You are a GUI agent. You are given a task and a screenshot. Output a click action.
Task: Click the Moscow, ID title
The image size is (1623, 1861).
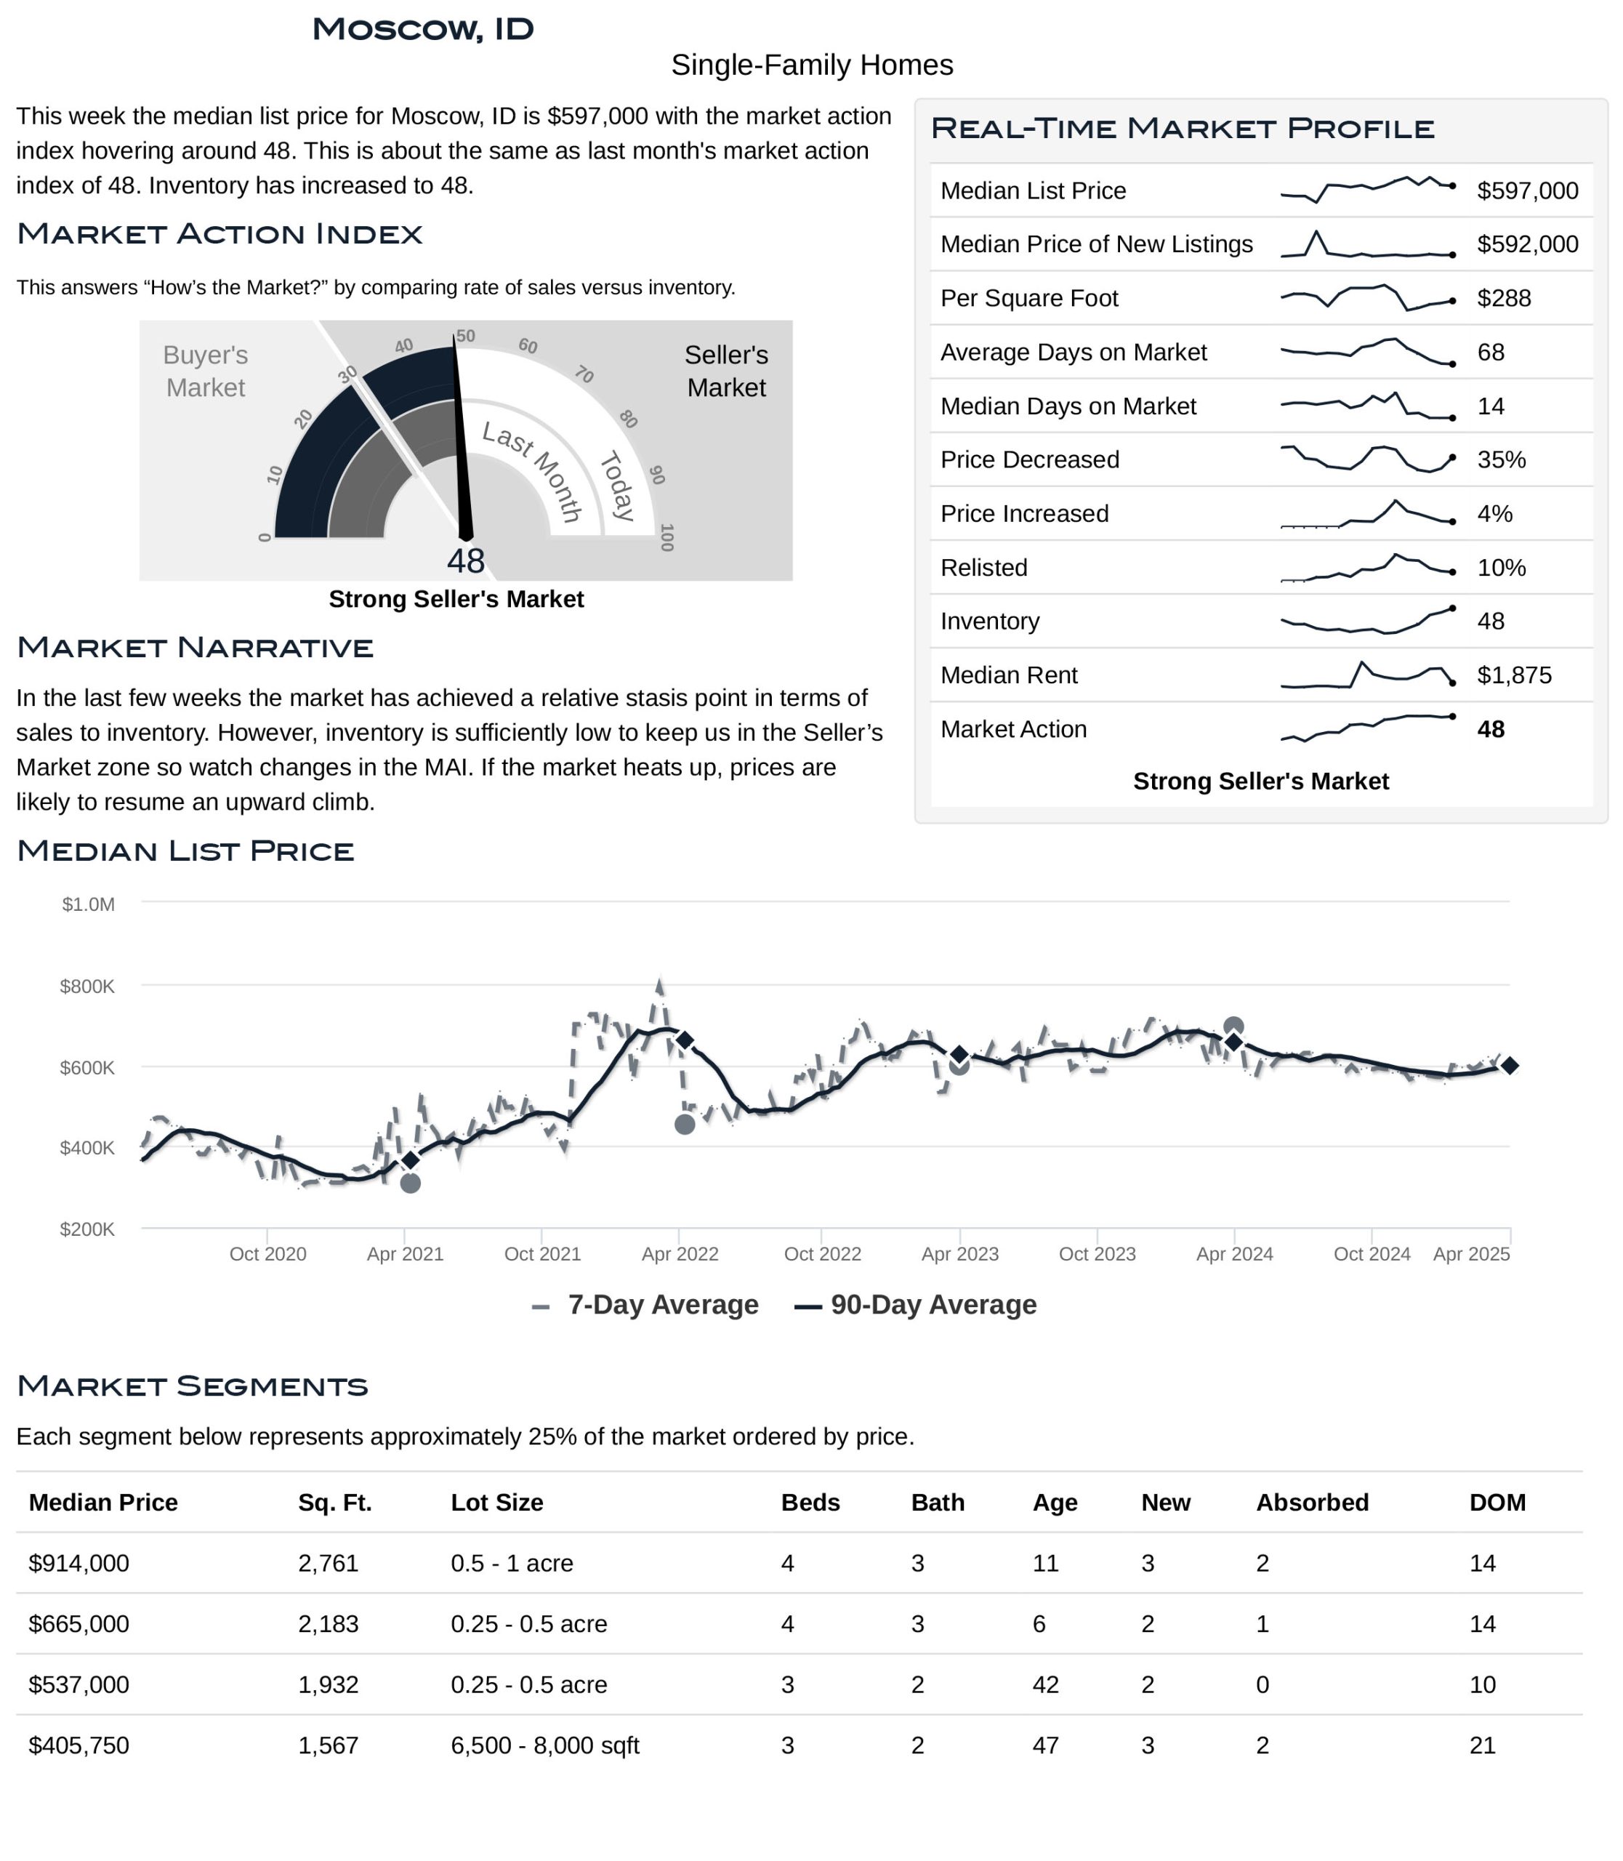point(423,29)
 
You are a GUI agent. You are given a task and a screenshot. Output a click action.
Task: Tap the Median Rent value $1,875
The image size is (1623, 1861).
point(1514,675)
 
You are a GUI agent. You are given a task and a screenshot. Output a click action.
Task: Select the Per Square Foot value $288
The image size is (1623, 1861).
point(1505,298)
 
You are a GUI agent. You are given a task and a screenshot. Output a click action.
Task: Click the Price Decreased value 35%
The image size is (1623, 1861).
point(1502,459)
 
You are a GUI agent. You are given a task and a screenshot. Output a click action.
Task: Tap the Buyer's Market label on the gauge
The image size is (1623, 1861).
point(206,371)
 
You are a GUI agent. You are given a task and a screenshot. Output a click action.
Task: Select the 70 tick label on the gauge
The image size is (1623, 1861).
point(584,374)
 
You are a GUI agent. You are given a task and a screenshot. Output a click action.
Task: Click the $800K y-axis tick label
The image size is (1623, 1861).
point(87,986)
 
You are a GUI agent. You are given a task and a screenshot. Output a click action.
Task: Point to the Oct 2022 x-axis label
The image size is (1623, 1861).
point(822,1254)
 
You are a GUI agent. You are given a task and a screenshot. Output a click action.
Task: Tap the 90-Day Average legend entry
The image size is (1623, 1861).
point(916,1305)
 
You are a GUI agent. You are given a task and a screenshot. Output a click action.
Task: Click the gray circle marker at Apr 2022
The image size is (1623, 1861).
point(685,1125)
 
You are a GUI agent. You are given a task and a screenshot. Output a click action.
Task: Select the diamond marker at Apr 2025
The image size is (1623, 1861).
point(1510,1066)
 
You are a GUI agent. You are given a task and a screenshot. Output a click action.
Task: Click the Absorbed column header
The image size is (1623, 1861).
point(1313,1502)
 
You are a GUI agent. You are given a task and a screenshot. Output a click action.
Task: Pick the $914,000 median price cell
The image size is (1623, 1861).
point(78,1563)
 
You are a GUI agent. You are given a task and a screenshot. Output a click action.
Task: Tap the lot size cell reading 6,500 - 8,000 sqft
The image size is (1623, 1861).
point(545,1745)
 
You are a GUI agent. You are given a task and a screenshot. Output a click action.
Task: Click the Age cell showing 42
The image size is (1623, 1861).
point(1046,1684)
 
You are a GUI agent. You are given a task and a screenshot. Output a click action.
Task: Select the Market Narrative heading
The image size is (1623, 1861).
point(196,648)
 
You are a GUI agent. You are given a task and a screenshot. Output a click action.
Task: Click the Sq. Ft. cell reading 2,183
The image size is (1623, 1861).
point(329,1623)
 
